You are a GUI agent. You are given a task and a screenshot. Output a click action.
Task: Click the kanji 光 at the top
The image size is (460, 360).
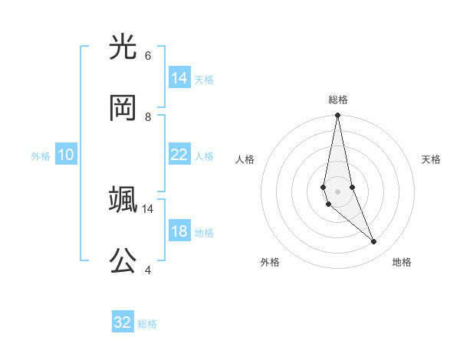point(123,48)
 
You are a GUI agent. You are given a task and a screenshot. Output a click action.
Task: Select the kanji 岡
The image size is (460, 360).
point(123,108)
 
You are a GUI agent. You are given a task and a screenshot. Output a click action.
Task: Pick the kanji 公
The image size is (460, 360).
point(123,260)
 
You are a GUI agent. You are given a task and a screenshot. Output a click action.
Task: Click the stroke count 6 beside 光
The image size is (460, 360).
point(148,56)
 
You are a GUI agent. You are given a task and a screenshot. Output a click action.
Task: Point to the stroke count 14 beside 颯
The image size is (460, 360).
point(148,208)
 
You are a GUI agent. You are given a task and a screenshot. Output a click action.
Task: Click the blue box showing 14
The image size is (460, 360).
point(179,78)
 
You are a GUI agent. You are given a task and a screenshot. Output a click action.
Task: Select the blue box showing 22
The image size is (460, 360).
point(179,155)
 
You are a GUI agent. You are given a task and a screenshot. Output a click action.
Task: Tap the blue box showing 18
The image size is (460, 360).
point(179,231)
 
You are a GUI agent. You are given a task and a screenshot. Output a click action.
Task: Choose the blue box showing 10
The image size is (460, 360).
point(66,155)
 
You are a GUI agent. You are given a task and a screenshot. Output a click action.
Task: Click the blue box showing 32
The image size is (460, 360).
point(123,322)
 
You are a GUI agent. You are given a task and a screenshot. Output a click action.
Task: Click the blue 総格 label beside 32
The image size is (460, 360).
point(147,324)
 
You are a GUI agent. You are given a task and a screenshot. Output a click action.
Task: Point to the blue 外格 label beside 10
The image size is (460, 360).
point(41,156)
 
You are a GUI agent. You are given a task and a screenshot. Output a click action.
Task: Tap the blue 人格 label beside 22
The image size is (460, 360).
point(204,156)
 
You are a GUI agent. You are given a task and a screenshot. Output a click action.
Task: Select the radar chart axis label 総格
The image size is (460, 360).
point(337,100)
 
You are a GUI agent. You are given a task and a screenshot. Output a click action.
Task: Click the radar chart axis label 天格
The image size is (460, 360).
point(431,159)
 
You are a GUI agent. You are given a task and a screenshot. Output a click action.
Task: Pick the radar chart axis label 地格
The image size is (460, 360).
point(402,262)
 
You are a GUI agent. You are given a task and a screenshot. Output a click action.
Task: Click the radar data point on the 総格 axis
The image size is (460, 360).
point(337,116)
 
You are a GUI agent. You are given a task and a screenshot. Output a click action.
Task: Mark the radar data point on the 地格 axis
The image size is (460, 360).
point(374,242)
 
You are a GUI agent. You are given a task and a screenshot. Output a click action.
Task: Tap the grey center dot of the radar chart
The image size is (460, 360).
point(337,191)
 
